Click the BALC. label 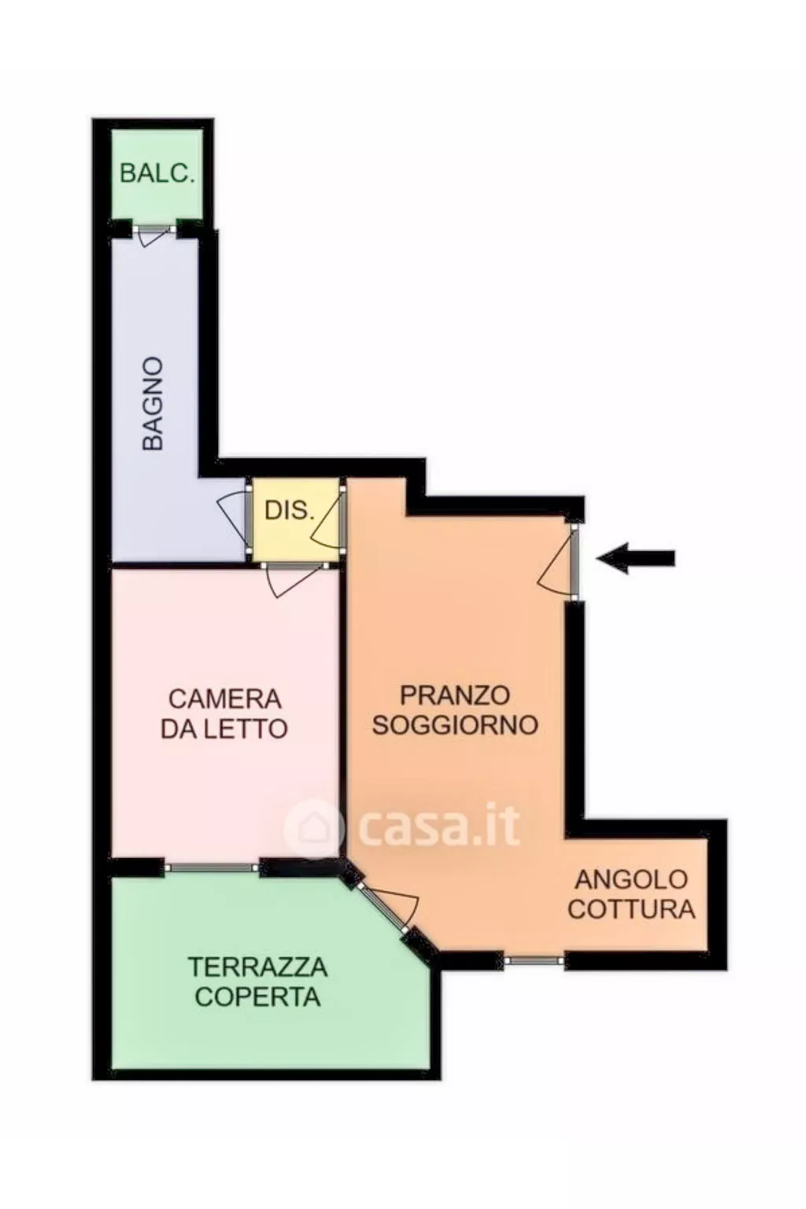coord(157,174)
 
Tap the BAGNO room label coord(153,404)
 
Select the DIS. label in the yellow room coord(289,510)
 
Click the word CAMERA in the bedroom coord(224,698)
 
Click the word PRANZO coord(454,695)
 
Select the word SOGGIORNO coord(454,725)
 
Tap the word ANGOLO coord(630,879)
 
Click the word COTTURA coord(631,909)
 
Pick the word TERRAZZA coord(257,967)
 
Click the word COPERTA coord(257,996)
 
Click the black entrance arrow coord(636,558)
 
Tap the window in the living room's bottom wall coord(534,960)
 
